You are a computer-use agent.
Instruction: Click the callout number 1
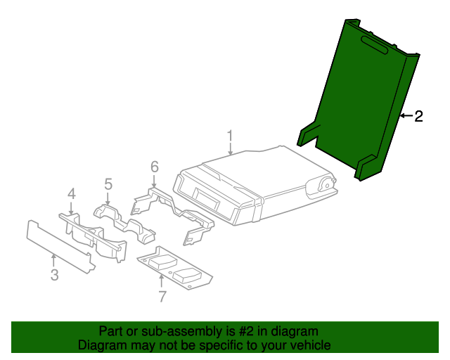[x=229, y=134]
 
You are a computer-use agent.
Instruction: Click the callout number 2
[x=418, y=117]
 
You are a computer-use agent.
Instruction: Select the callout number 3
[x=54, y=275]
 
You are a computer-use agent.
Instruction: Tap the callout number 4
[x=71, y=193]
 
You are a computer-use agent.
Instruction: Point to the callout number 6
[x=155, y=167]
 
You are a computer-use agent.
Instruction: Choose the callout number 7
[x=162, y=296]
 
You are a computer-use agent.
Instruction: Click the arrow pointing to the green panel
[x=405, y=116]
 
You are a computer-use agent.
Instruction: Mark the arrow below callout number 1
[x=230, y=148]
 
